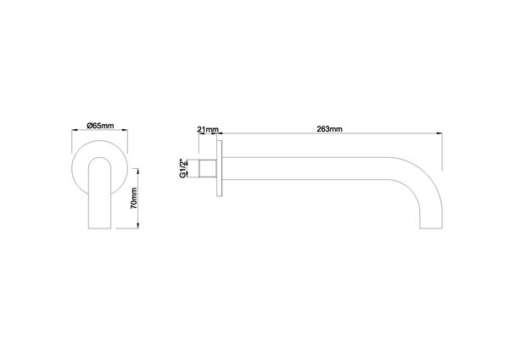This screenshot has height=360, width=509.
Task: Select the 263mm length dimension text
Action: [x=328, y=128]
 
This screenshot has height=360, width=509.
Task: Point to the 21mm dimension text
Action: [x=207, y=129]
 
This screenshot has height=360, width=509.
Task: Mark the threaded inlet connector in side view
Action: [x=207, y=169]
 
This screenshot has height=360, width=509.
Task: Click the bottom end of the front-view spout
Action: [x=100, y=227]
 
